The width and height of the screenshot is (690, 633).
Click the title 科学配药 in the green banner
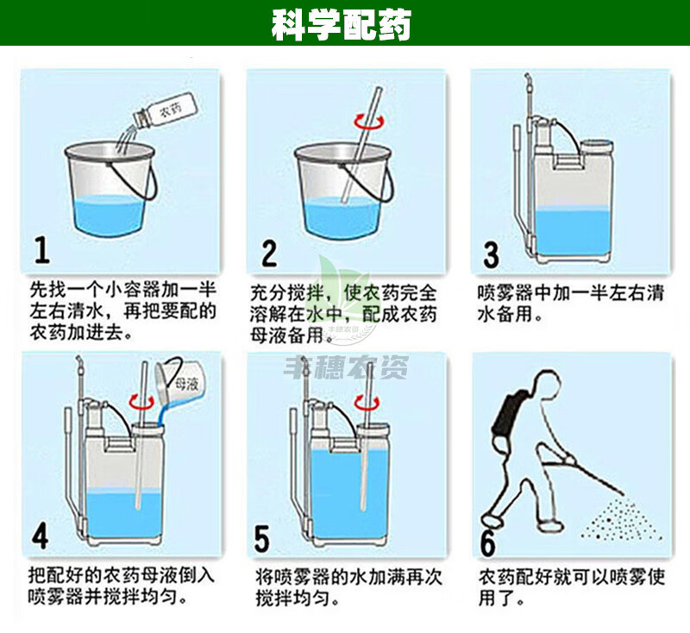(341, 25)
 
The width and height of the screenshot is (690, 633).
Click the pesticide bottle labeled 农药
(163, 111)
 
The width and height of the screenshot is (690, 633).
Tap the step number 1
(41, 250)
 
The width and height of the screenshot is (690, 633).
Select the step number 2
(269, 253)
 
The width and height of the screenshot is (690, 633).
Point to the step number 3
(491, 255)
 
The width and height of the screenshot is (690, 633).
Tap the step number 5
(262, 538)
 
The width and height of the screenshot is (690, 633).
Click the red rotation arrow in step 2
(370, 122)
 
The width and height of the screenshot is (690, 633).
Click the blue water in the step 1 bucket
(109, 216)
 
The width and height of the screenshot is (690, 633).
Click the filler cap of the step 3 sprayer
(596, 147)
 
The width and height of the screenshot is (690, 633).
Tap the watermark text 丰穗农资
(346, 367)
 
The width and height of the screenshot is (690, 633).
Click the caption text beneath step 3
(570, 304)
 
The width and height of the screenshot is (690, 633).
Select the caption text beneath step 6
(571, 587)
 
